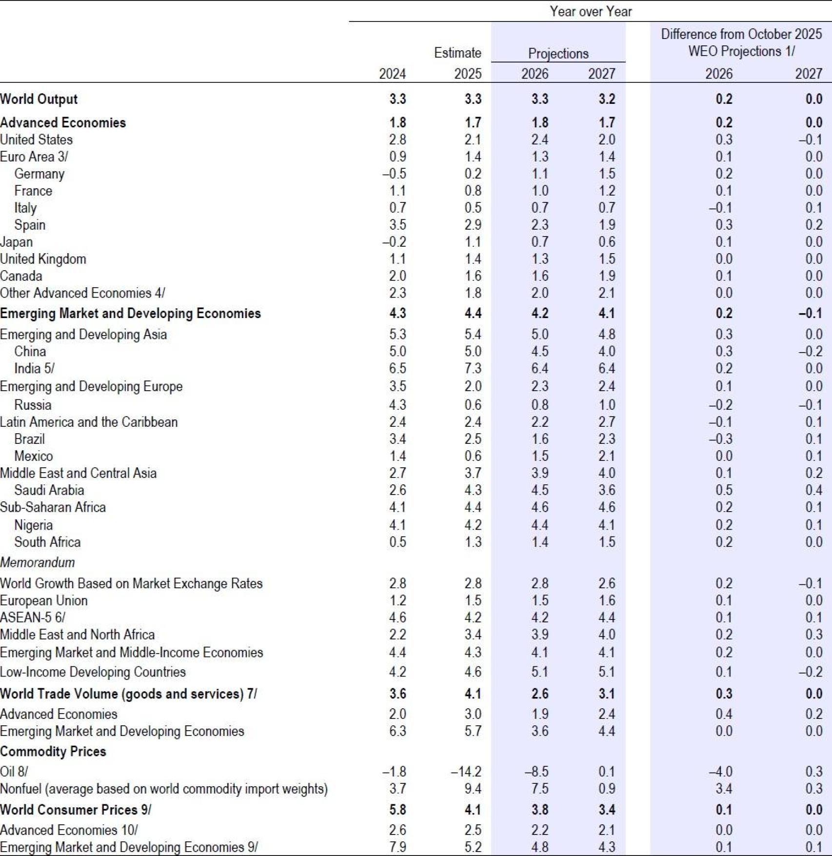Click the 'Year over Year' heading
point(590,11)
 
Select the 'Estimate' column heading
point(457,53)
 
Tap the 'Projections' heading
point(558,53)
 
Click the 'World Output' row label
point(39,99)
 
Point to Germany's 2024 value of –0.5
point(394,174)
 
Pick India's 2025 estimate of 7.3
point(473,368)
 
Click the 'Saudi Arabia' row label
point(49,490)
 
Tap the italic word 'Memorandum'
point(38,562)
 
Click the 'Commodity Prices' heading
point(53,751)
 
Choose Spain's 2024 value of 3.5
point(397,225)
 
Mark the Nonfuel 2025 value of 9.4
point(473,788)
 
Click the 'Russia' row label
point(33,405)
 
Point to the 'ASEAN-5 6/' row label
point(33,617)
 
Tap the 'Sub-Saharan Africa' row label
point(53,507)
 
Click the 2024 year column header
point(392,74)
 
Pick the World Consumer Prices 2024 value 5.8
point(397,810)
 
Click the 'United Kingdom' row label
point(43,259)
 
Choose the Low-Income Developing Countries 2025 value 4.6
point(473,672)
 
